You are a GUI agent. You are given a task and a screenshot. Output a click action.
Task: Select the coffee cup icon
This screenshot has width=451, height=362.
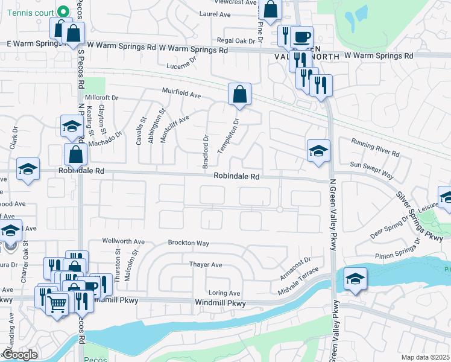[301, 37]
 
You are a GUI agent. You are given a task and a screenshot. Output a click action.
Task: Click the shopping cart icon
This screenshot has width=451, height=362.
[57, 305]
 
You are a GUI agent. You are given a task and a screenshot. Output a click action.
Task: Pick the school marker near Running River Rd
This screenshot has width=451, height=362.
[318, 151]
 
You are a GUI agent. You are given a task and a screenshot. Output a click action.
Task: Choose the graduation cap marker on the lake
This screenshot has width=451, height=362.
[356, 279]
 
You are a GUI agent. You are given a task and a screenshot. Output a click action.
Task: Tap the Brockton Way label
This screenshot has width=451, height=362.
[188, 243]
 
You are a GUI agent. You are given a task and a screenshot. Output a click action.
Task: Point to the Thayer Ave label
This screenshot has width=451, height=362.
[206, 265]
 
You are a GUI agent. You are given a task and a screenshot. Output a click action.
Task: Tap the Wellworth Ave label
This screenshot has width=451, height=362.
[123, 241]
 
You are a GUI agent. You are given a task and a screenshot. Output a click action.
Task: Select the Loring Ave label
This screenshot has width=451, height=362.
[224, 293]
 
